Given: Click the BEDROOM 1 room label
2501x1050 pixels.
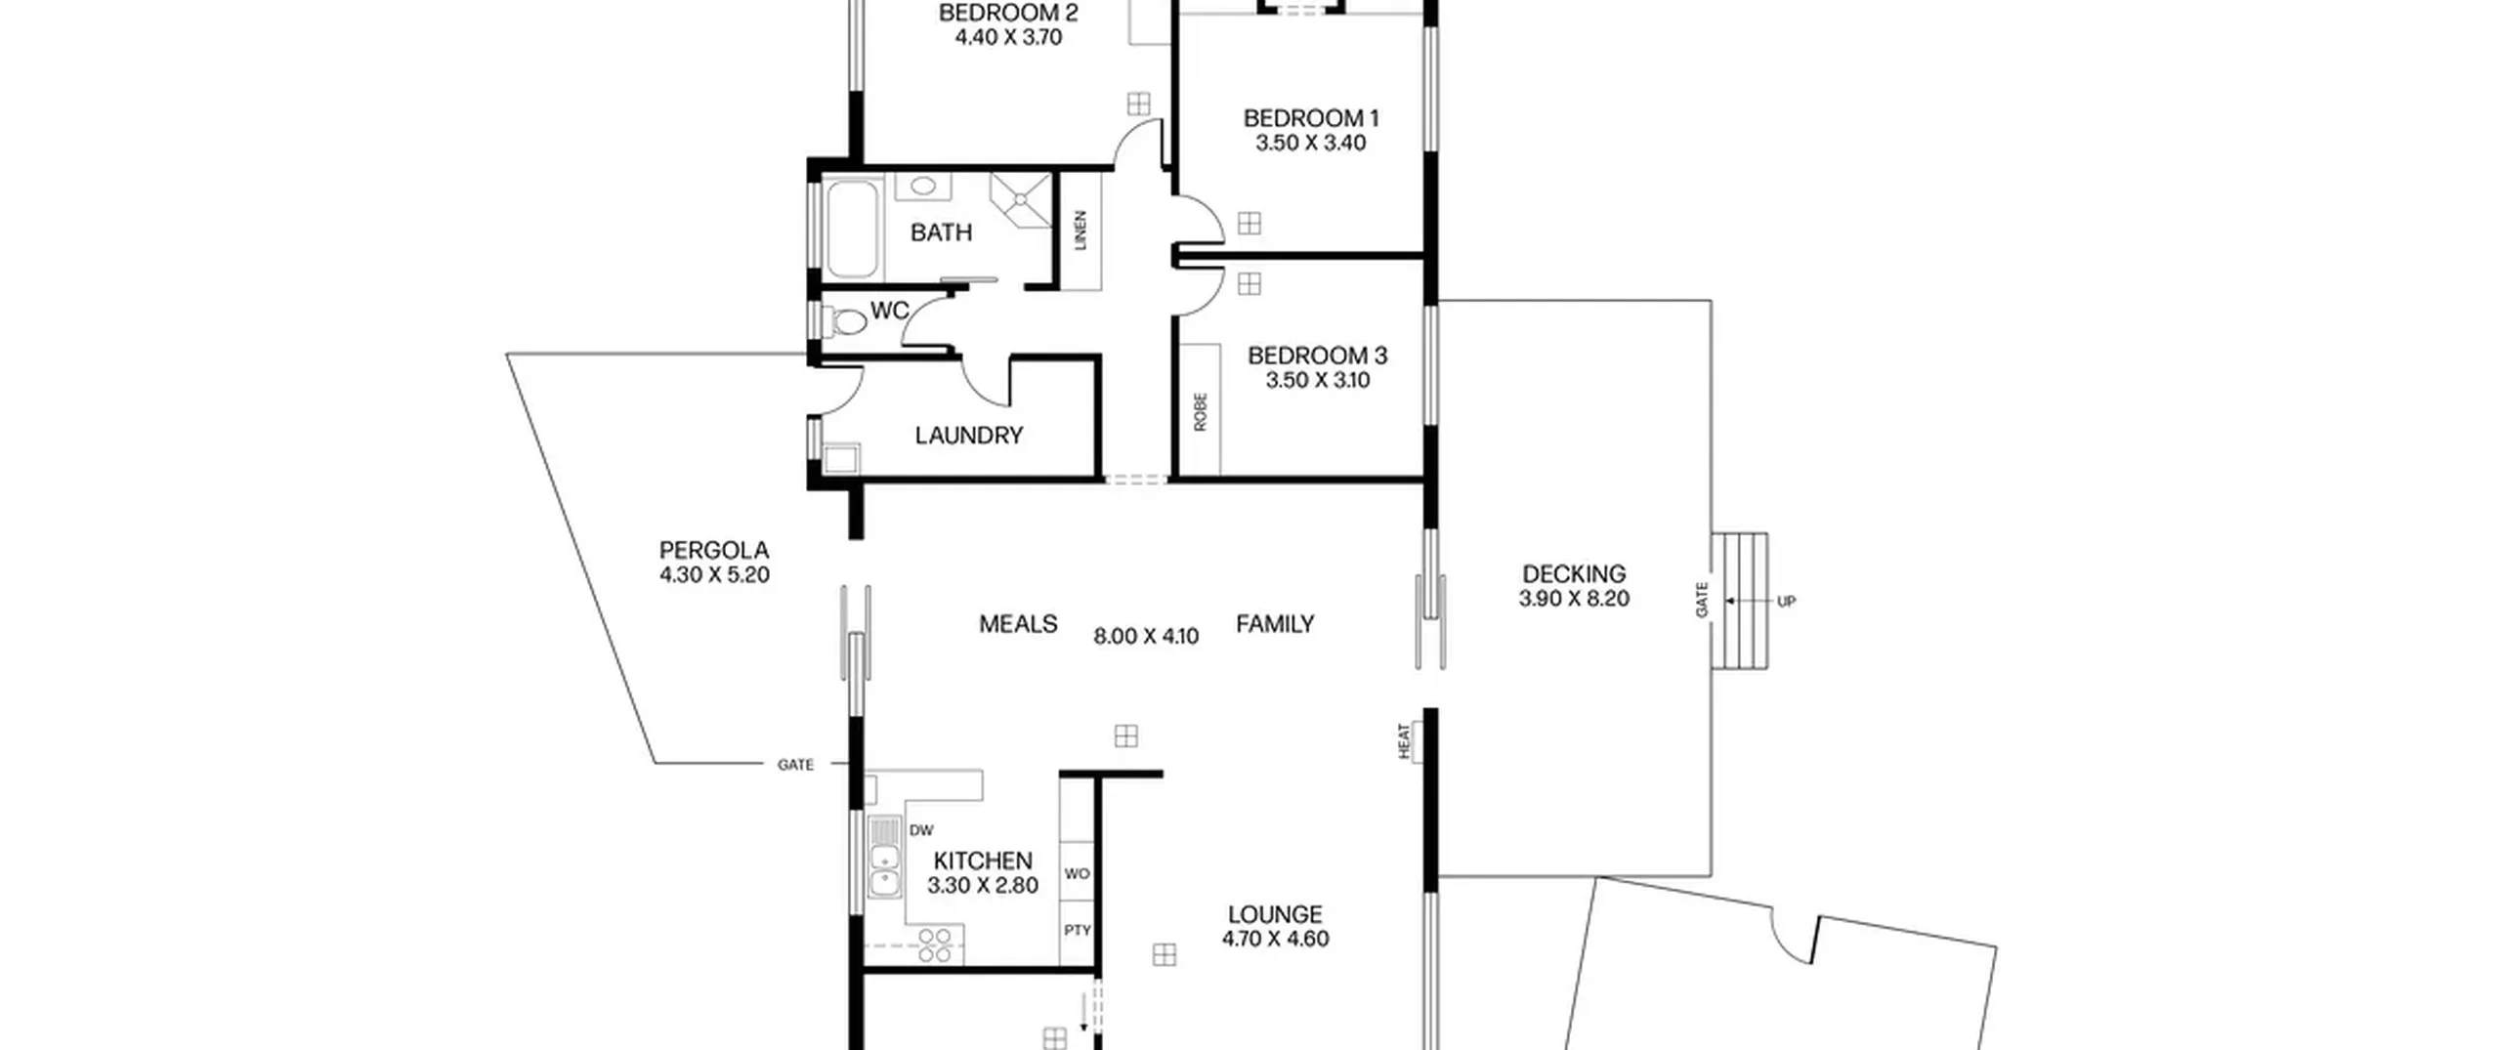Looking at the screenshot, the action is (1310, 118).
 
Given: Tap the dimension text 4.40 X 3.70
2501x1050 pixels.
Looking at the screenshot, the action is (1008, 37).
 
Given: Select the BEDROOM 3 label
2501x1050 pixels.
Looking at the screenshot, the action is (1317, 356).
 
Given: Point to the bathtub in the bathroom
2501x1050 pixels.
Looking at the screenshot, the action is (852, 228).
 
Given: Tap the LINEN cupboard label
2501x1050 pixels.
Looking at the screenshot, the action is (1081, 231).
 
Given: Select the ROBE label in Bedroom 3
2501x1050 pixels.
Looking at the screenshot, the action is (1201, 411).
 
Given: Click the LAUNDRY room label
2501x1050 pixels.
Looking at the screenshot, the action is (968, 436).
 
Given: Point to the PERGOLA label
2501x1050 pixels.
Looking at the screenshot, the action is (714, 551).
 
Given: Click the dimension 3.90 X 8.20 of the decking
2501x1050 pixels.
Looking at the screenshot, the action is (1574, 599).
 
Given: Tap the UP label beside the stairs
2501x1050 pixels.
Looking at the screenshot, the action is (1786, 602).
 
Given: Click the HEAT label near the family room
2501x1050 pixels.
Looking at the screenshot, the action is (1405, 741).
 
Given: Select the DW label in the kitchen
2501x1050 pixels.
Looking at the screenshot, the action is (921, 830).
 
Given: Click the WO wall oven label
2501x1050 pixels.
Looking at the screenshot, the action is (1077, 873).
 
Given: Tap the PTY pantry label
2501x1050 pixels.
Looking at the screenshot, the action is (1077, 930).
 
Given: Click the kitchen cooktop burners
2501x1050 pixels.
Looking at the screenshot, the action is (935, 945).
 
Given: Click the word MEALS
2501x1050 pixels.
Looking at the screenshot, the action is (1018, 624).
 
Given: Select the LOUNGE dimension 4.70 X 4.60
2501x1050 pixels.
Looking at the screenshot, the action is (1275, 939).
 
